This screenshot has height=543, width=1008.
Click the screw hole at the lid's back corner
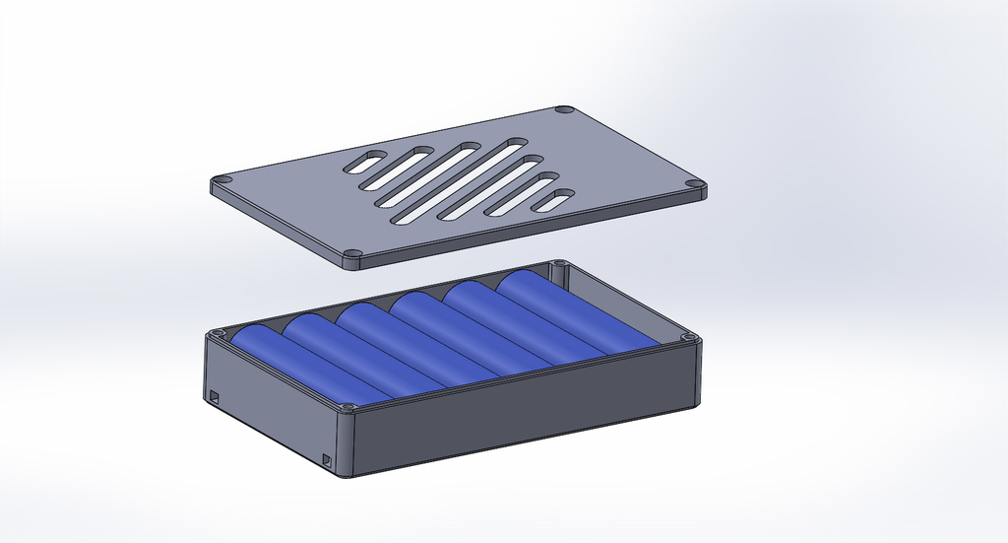click(x=564, y=108)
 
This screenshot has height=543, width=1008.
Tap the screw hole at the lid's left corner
click(x=221, y=181)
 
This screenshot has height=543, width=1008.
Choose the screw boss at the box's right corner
click(x=690, y=338)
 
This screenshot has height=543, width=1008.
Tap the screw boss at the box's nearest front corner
click(x=346, y=407)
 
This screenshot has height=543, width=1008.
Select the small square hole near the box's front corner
click(x=328, y=458)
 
